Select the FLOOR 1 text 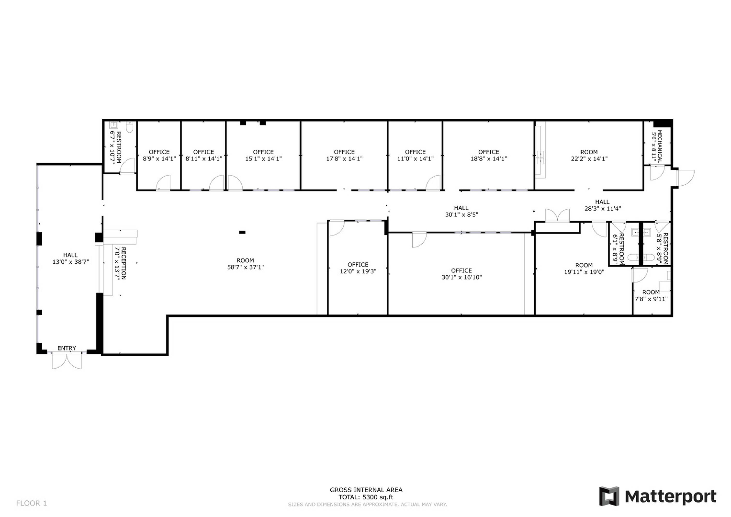32,503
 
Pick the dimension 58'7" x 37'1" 246,267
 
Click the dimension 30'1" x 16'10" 462,277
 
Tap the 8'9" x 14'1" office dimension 159,158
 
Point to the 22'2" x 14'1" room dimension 589,158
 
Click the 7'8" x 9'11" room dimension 651,299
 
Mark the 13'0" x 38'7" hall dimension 70,262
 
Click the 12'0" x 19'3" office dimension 358,271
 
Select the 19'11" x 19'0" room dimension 584,272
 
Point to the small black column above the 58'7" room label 242,232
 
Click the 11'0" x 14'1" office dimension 415,158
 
